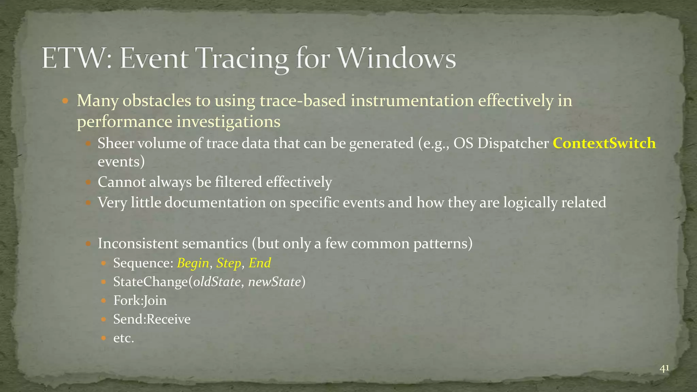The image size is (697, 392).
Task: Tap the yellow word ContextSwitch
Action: click(x=604, y=143)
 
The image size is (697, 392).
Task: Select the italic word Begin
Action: click(x=193, y=263)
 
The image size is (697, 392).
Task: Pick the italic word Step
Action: click(x=229, y=263)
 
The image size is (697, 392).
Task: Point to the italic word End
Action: click(x=260, y=263)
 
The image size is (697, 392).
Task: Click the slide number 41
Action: click(x=664, y=368)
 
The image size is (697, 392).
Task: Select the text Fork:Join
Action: click(x=140, y=300)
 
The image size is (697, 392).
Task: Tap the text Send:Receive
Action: click(x=152, y=319)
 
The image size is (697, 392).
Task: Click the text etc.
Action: click(x=124, y=338)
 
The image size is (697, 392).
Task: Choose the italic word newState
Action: click(x=274, y=282)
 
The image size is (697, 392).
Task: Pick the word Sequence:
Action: click(x=143, y=263)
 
